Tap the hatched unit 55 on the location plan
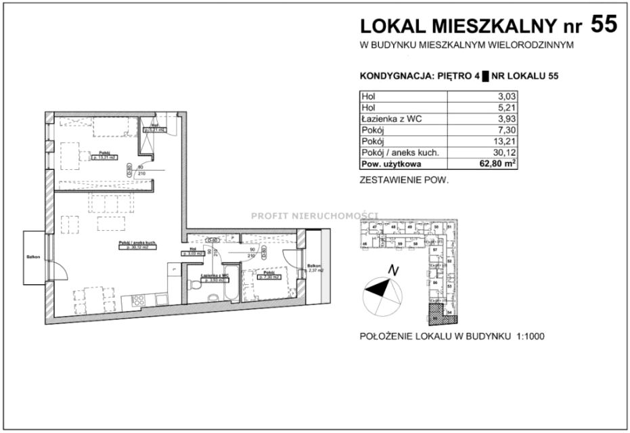[433, 314]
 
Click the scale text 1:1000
[526, 336]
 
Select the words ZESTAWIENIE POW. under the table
[404, 181]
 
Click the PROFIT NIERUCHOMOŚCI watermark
[315, 216]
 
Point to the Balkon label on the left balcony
[33, 257]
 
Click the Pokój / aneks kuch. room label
[118, 244]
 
